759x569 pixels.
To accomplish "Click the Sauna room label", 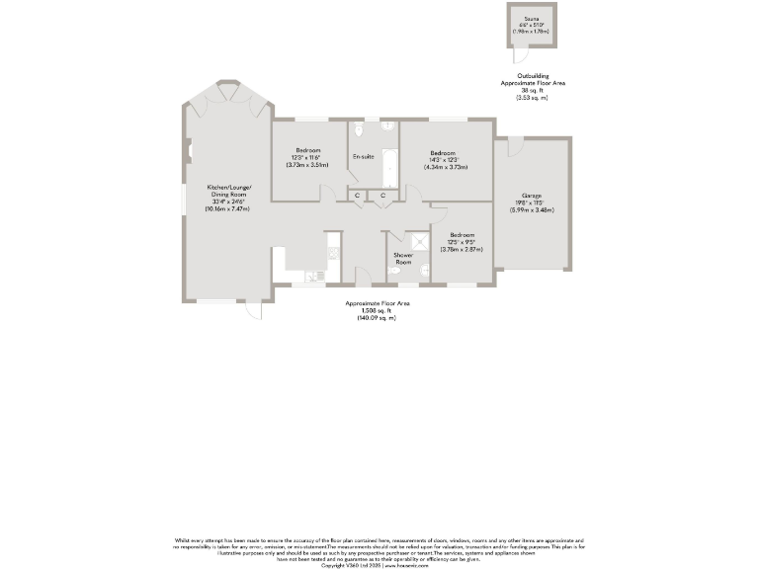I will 531,18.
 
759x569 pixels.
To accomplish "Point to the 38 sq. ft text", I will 532,91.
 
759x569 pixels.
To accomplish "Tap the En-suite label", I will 363,157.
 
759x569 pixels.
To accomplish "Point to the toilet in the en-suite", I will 363,128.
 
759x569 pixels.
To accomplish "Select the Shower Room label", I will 403,259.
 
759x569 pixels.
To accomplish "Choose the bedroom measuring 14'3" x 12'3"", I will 443,159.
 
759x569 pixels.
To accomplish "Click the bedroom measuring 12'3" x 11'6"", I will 307,156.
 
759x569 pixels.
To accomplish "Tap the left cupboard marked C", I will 358,197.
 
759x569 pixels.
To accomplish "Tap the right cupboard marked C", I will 382,197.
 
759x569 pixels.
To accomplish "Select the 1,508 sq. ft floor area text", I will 377,310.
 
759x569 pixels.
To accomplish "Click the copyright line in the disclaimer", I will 379,565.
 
